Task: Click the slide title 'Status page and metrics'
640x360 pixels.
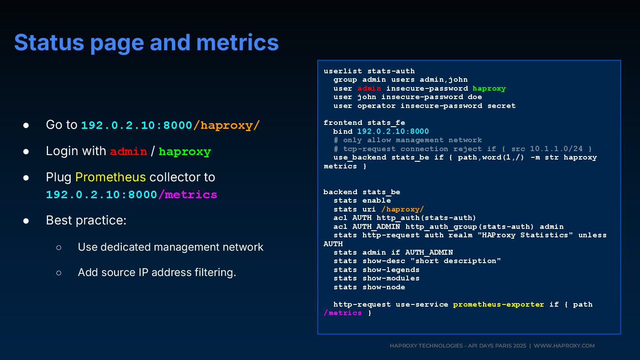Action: pos(146,43)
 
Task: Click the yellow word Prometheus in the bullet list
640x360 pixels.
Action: pos(110,177)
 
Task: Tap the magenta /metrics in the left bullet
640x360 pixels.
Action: pos(188,195)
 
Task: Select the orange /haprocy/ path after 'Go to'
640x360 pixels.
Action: pos(226,125)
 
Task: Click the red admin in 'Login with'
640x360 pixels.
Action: pos(128,152)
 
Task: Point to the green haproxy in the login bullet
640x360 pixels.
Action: pos(184,152)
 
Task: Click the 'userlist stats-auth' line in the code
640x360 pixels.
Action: pos(369,71)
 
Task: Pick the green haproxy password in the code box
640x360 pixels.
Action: pos(489,88)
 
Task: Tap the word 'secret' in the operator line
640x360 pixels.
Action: pos(501,106)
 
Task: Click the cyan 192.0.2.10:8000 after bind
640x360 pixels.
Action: pos(393,132)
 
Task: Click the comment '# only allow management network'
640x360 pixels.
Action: pos(408,140)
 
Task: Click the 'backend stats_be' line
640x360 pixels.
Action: pos(362,192)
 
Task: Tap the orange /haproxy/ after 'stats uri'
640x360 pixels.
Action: pos(403,209)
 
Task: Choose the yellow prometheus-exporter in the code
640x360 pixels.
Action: pos(498,304)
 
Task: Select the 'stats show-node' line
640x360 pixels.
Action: pos(369,287)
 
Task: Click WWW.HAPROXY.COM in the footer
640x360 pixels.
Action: pos(564,346)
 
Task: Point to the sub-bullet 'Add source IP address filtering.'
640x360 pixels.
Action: pos(157,272)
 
